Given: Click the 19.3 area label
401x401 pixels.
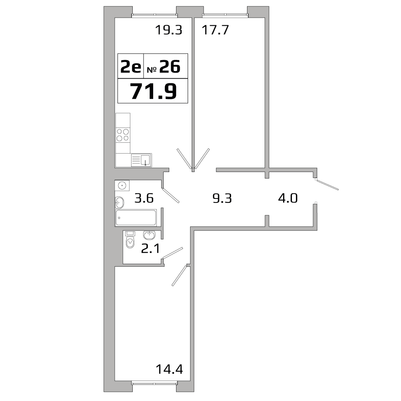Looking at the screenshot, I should click(x=168, y=30).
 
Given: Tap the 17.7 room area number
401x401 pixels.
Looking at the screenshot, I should click(x=215, y=30).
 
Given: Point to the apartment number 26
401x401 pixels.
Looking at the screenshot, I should click(x=170, y=67).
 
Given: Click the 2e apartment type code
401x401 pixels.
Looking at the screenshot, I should click(x=131, y=67).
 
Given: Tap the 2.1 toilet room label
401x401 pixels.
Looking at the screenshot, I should click(x=150, y=249).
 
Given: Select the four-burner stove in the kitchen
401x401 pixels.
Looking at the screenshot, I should click(x=123, y=135).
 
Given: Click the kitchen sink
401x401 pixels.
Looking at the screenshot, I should click(x=141, y=160).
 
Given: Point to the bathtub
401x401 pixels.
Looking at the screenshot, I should click(x=136, y=218).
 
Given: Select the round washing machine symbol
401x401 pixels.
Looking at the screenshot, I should click(x=122, y=186).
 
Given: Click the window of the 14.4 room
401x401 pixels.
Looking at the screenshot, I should click(x=154, y=383).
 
